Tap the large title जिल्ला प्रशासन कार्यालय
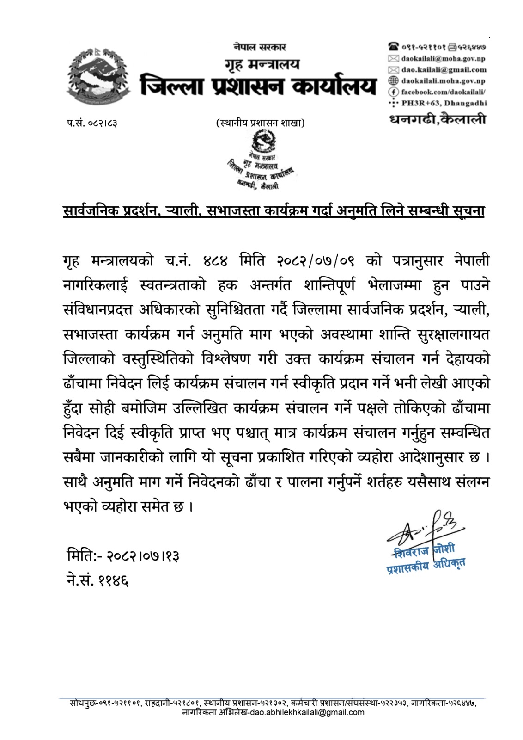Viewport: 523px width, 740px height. click(x=259, y=86)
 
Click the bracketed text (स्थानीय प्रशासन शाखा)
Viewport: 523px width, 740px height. click(x=261, y=123)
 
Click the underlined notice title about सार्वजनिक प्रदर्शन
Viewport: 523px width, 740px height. click(x=274, y=211)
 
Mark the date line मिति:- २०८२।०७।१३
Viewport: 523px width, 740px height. click(x=122, y=556)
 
